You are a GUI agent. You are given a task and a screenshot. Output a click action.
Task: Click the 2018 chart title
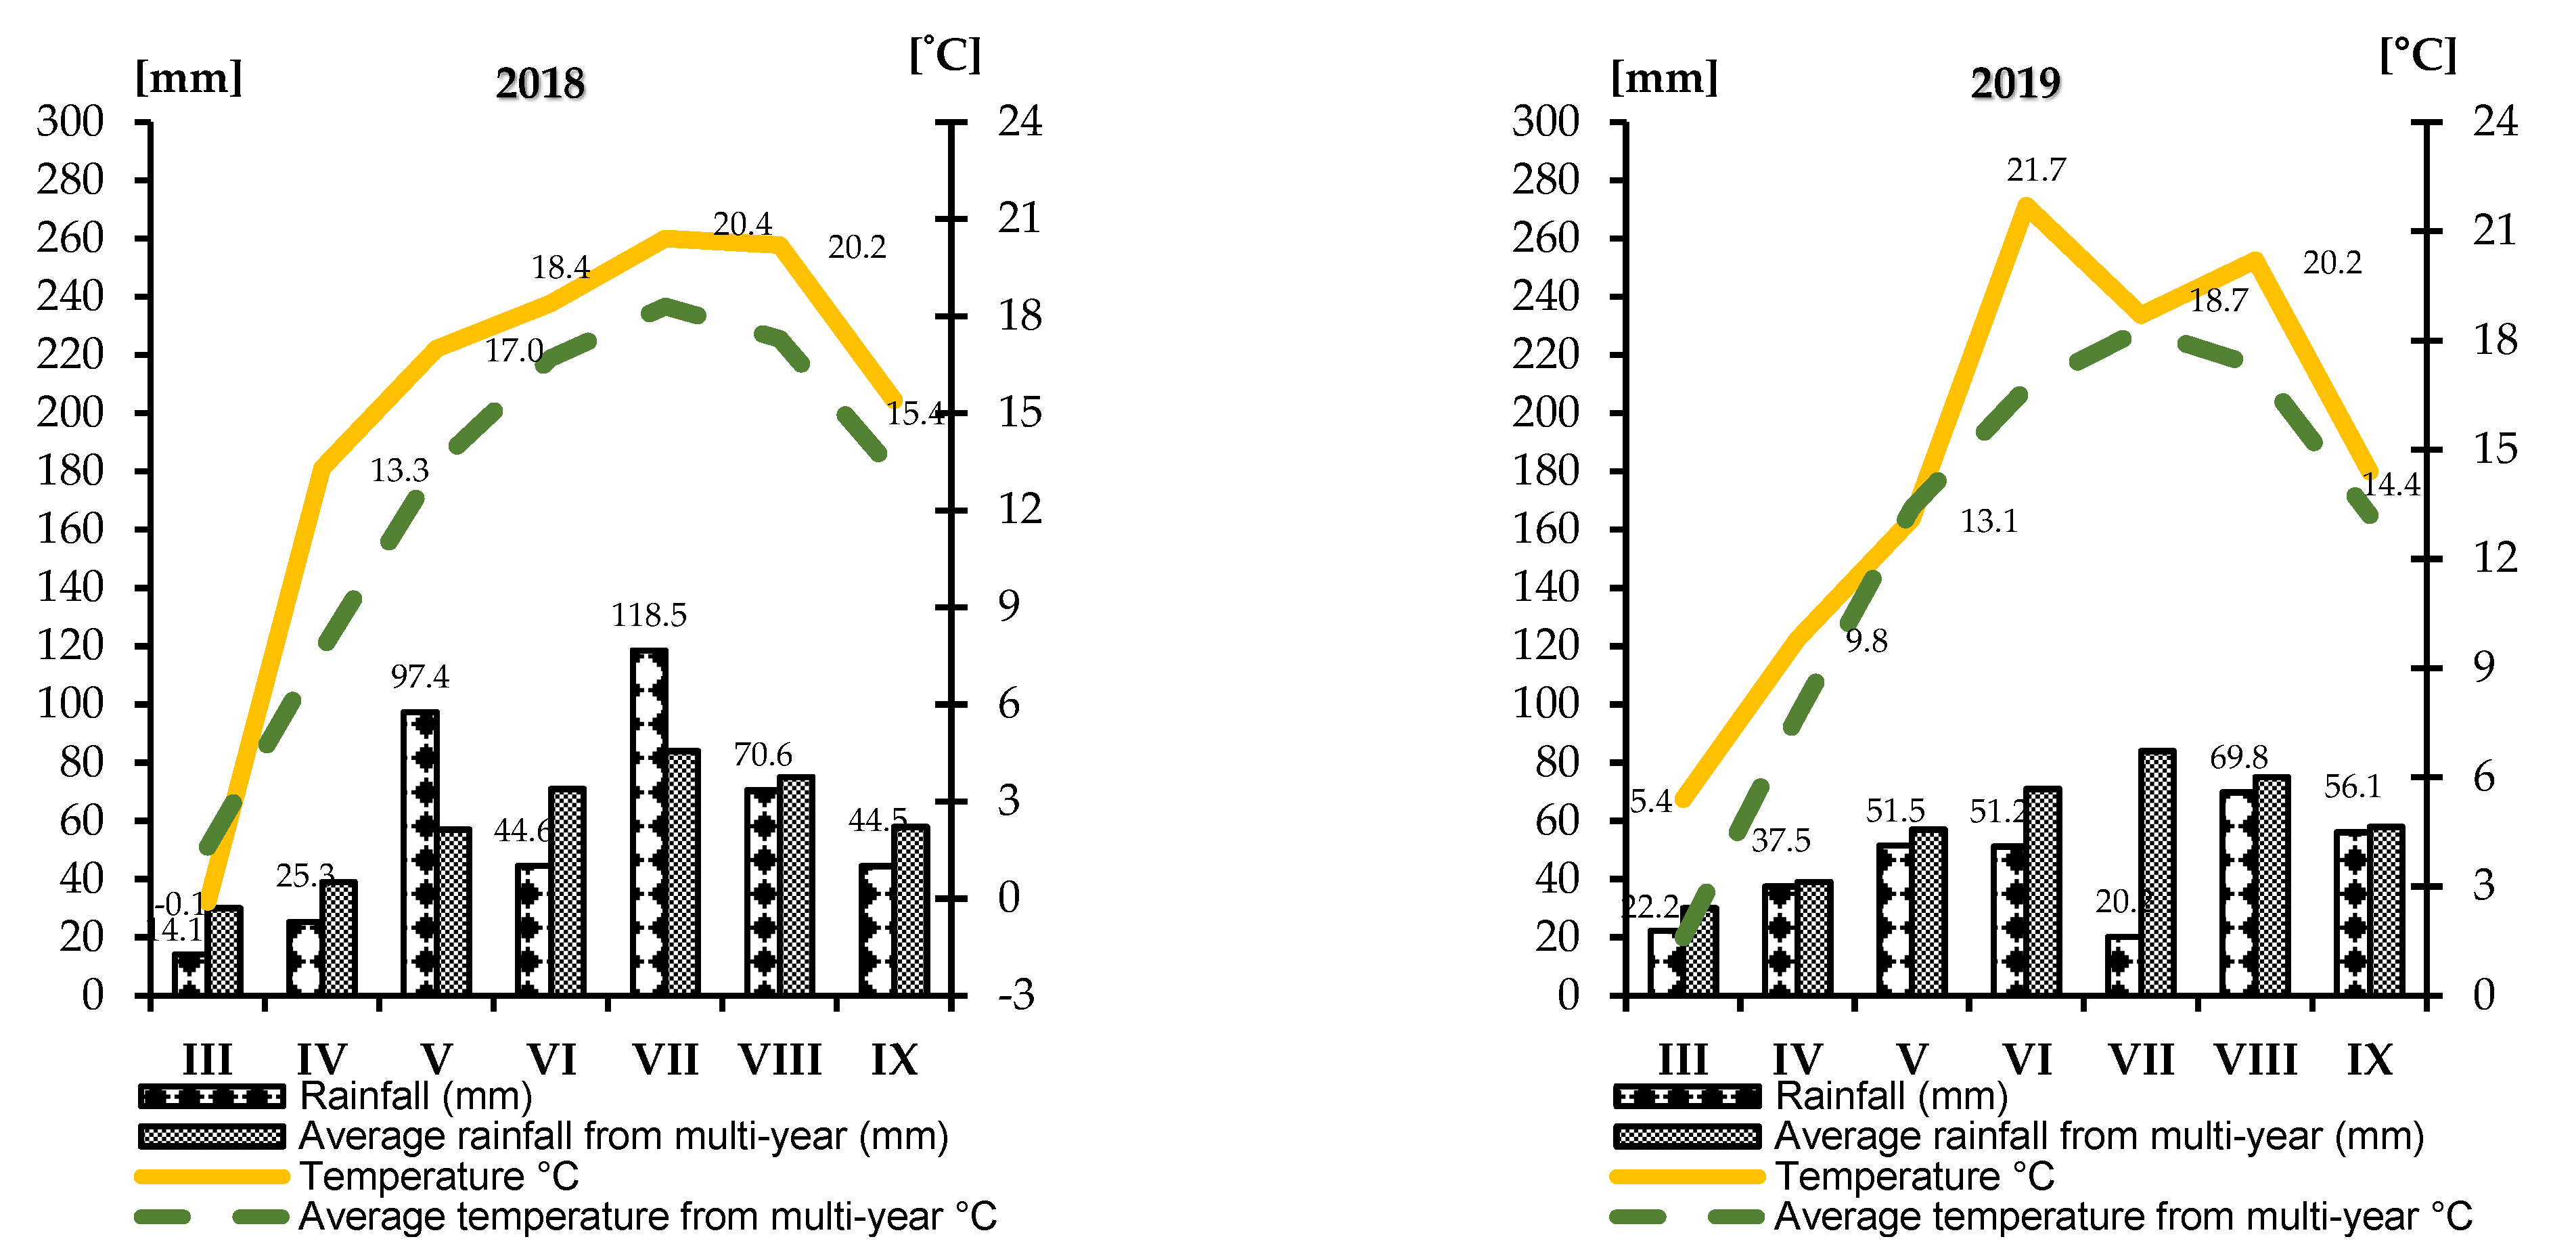coord(540,83)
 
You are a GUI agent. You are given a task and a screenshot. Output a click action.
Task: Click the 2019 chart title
coord(2014,83)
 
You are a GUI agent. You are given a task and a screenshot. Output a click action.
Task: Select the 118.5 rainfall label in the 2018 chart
coord(649,616)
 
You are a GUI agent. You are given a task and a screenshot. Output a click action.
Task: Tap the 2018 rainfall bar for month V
coord(421,852)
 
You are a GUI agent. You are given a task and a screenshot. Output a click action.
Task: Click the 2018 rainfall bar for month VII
coord(649,822)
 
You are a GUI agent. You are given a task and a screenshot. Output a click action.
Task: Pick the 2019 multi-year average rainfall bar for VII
coord(2157,872)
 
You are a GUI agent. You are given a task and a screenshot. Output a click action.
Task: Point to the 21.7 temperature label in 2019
coord(2036,171)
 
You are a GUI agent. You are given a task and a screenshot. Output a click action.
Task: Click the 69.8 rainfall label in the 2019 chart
coord(2238,758)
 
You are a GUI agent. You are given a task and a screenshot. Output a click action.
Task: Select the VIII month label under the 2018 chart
coord(780,1060)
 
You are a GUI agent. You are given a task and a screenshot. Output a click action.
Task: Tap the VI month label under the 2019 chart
coord(2027,1060)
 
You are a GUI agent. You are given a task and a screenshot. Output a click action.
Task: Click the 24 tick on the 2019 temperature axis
coord(2495,122)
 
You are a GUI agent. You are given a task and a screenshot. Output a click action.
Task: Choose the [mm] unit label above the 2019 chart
coord(1664,77)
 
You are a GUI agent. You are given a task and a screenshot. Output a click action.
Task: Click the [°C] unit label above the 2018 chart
coord(945,55)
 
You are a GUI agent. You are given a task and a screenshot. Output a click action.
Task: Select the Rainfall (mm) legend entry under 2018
coord(416,1096)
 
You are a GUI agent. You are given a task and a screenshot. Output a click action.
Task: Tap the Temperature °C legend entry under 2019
coord(1914,1177)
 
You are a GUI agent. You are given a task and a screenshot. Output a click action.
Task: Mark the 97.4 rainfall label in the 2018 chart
coord(420,677)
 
